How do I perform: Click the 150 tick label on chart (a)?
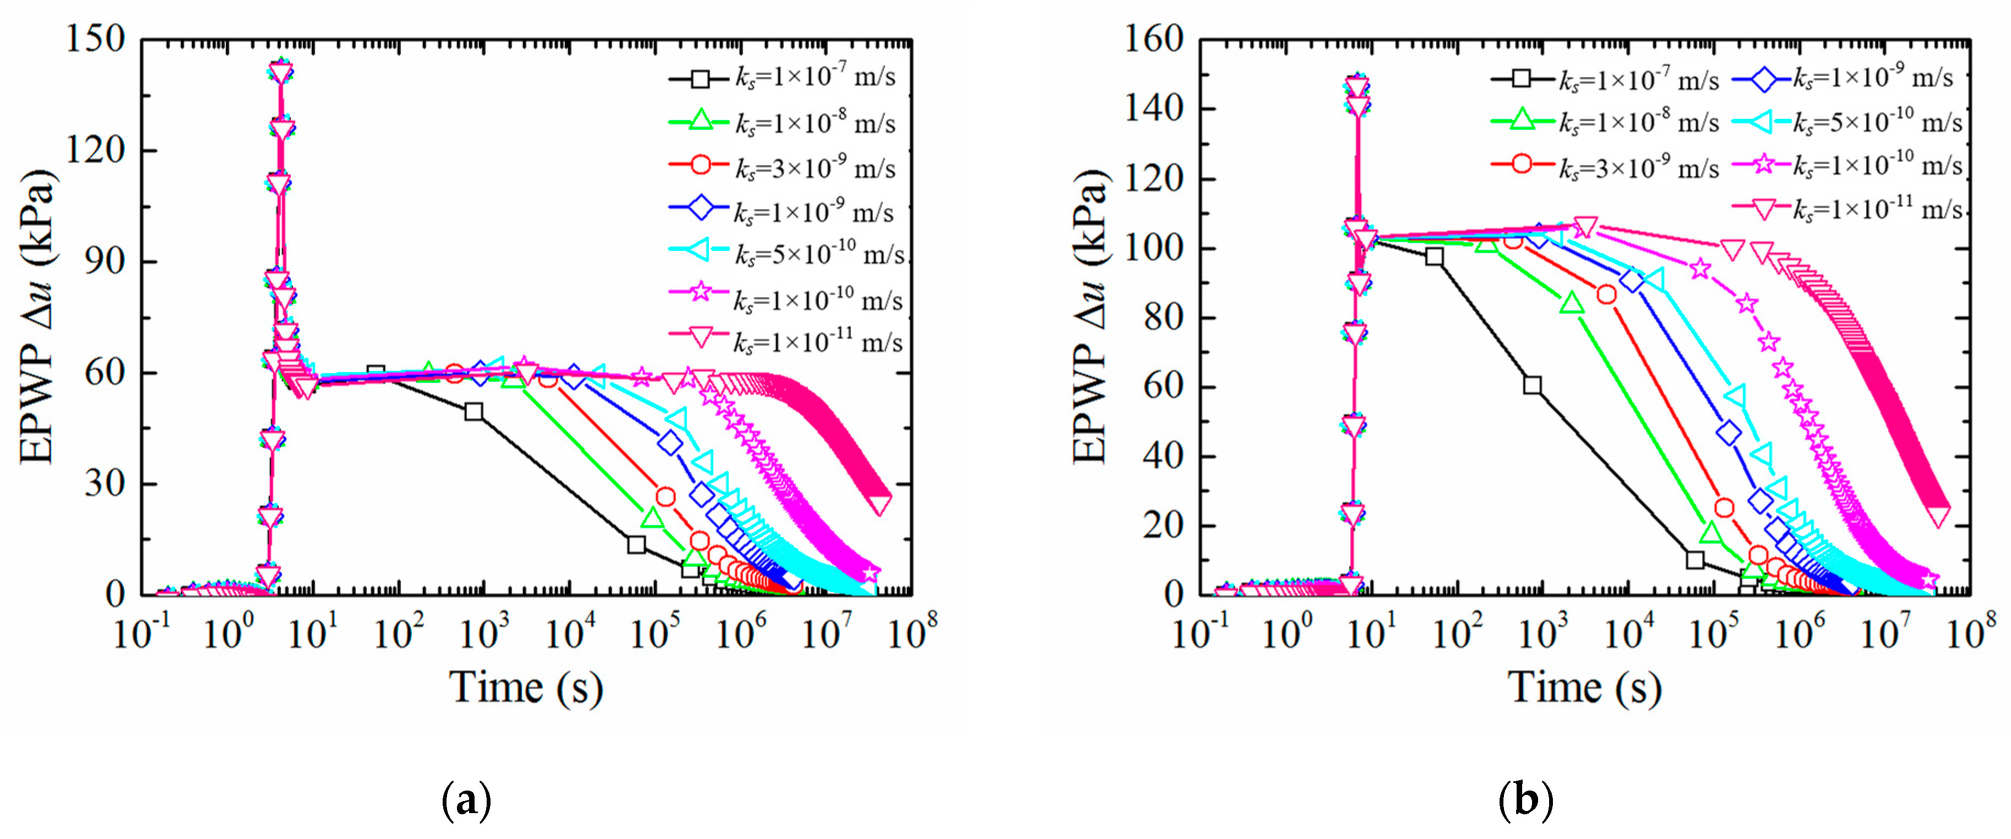click(x=95, y=39)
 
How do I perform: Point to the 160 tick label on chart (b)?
click(x=1153, y=39)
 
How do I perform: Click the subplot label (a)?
click(x=466, y=800)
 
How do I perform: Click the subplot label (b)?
click(x=1525, y=800)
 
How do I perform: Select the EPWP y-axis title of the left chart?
click(x=37, y=316)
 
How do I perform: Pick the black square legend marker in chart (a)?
click(x=700, y=79)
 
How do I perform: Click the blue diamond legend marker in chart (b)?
click(x=1762, y=78)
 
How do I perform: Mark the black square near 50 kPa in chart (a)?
click(x=473, y=412)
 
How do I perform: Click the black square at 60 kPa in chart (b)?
click(x=1533, y=385)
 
